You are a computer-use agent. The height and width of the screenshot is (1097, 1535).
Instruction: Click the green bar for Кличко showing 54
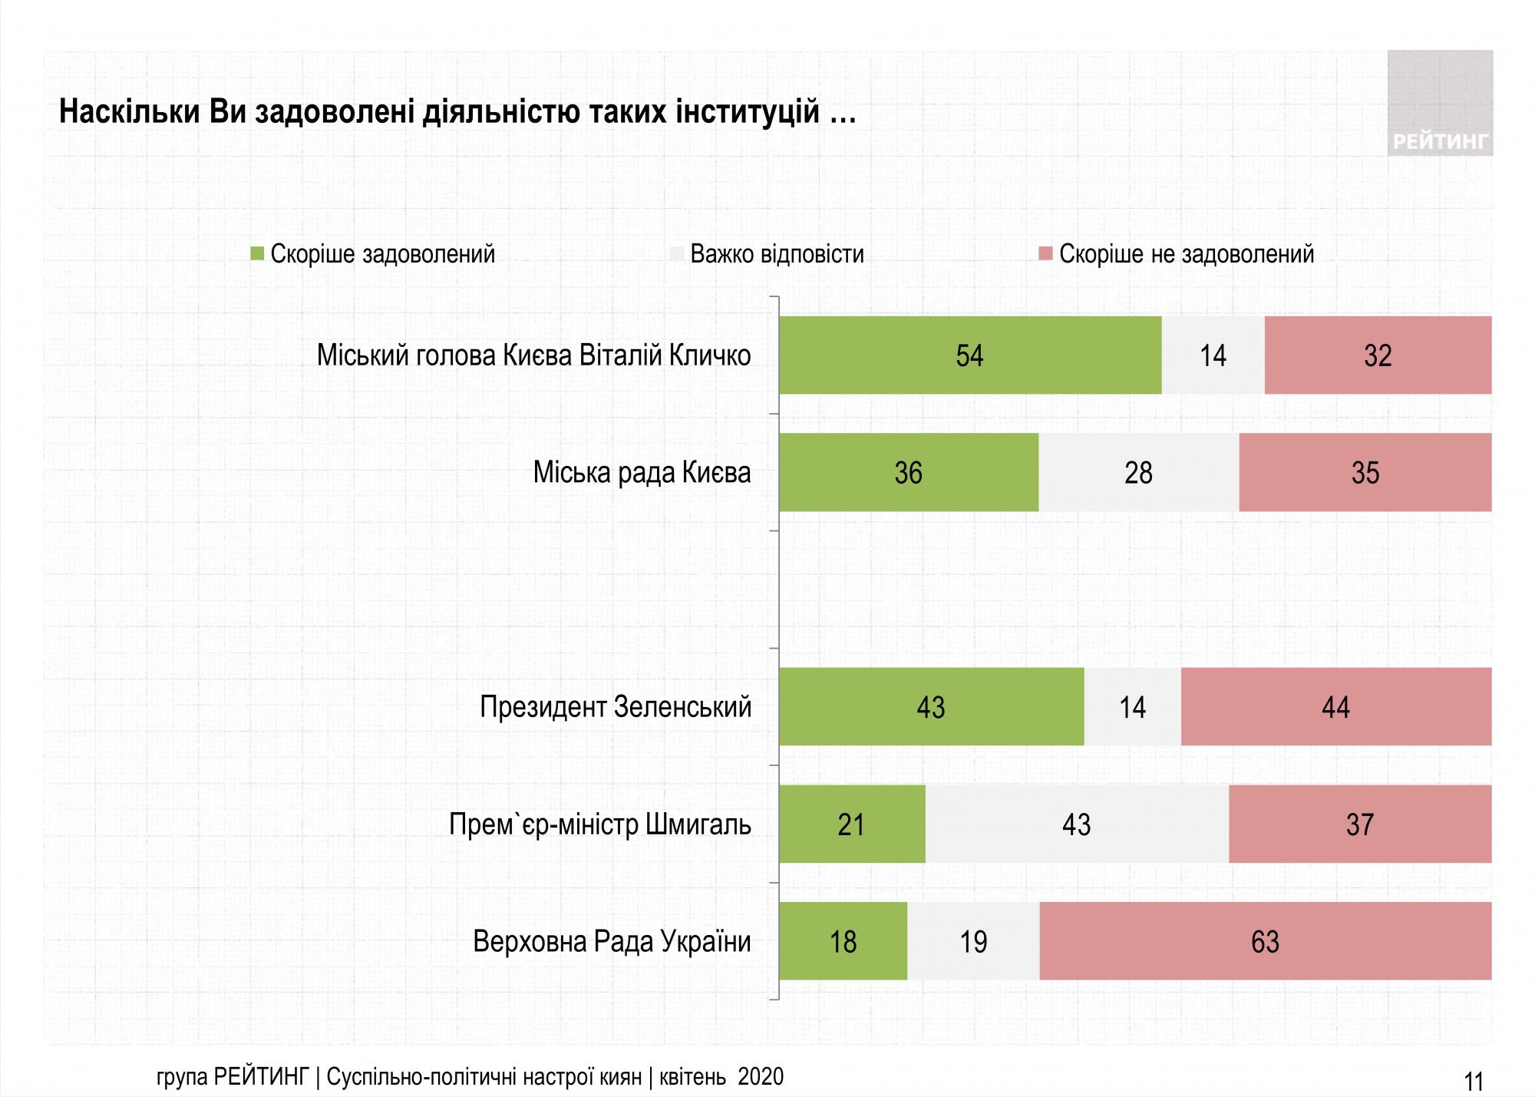click(969, 355)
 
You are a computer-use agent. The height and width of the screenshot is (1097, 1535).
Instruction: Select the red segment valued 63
click(1265, 941)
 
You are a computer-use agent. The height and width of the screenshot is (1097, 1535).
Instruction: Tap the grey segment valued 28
click(1138, 472)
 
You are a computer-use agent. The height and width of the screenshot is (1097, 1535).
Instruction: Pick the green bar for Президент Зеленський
click(931, 706)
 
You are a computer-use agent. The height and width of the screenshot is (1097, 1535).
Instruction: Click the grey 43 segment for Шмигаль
click(1076, 824)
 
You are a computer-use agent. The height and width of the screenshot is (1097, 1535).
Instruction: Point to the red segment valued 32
click(1378, 355)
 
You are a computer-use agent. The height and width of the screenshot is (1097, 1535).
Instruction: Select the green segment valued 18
click(843, 941)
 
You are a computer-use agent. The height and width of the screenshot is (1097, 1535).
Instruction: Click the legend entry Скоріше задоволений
click(381, 254)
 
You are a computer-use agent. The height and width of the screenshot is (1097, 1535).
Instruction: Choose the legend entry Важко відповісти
click(776, 254)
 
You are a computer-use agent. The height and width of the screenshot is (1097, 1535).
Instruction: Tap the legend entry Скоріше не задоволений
click(1186, 254)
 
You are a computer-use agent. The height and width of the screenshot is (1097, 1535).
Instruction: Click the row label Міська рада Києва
click(642, 472)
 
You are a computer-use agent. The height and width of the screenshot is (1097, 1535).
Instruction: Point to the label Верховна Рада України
click(612, 941)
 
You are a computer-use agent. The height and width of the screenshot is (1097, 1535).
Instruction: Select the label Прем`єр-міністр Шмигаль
click(599, 824)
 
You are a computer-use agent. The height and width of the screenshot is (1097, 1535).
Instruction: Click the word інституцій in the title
click(748, 113)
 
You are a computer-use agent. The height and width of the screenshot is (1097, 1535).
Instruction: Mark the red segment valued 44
click(1335, 706)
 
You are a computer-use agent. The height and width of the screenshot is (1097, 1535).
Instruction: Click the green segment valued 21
click(851, 824)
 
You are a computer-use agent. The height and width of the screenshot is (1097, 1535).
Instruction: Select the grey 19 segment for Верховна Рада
click(973, 941)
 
